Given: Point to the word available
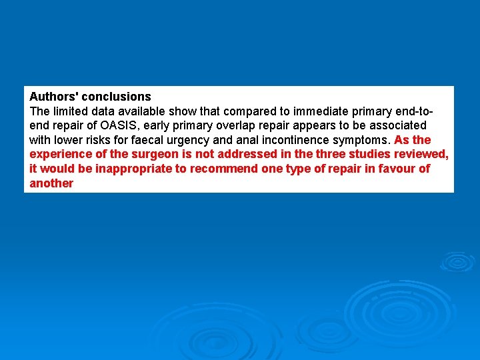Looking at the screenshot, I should click(x=143, y=111).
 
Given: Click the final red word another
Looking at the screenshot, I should click(x=51, y=183).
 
